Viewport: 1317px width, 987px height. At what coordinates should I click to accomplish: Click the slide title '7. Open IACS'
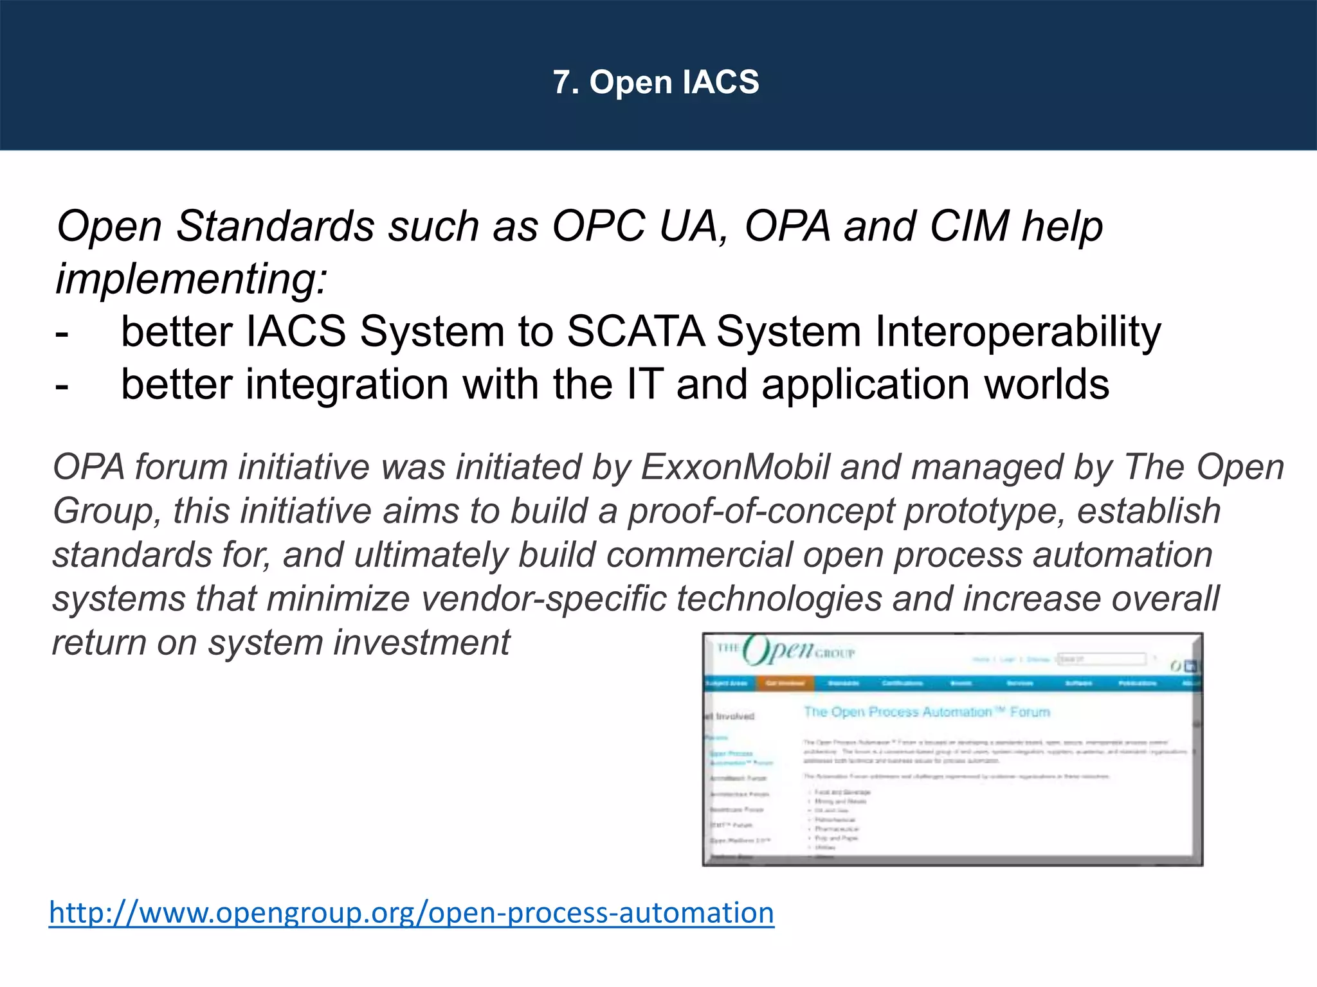pyautogui.click(x=656, y=82)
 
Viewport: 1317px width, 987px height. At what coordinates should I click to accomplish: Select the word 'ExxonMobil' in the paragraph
pyautogui.click(x=736, y=467)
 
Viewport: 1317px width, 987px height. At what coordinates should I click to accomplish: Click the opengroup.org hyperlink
pyautogui.click(x=412, y=912)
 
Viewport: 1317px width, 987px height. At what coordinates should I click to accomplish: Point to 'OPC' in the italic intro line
pyautogui.click(x=599, y=226)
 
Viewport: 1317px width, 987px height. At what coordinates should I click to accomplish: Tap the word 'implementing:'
pyautogui.click(x=192, y=280)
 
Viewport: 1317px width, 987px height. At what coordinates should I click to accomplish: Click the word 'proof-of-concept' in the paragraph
pyautogui.click(x=760, y=511)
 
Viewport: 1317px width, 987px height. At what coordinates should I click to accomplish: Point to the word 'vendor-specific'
pyautogui.click(x=543, y=599)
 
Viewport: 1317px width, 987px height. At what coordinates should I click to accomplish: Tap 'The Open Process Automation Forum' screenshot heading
pyautogui.click(x=926, y=712)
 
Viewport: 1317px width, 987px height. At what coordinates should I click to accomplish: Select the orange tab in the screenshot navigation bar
pyautogui.click(x=785, y=683)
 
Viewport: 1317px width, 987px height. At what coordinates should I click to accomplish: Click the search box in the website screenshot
pyautogui.click(x=1101, y=659)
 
